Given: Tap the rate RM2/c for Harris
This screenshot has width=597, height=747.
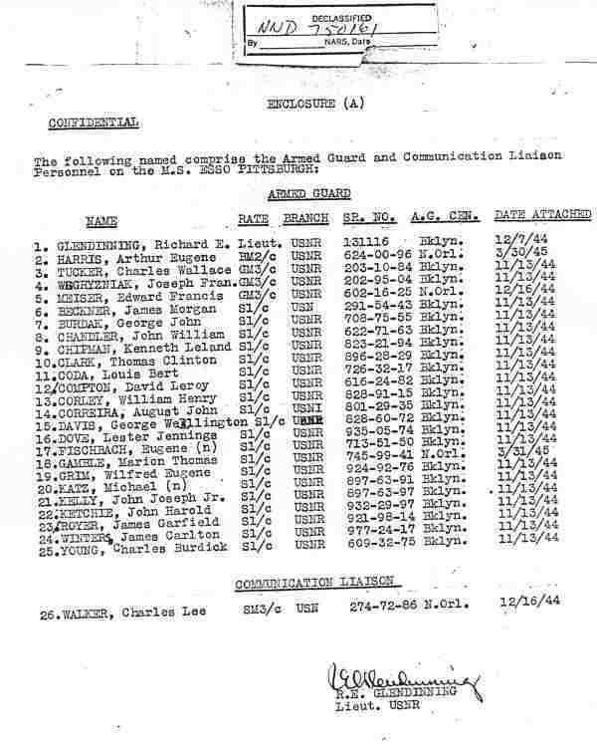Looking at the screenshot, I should [256, 256].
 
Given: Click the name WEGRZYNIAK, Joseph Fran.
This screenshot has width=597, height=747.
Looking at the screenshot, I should [130, 281].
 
